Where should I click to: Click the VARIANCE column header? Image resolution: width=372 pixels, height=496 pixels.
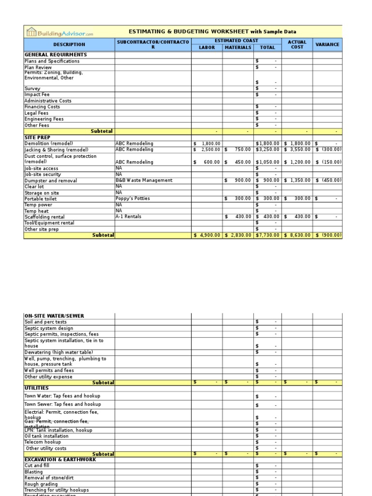[327, 45]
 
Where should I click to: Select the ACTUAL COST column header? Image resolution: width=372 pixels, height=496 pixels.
[297, 45]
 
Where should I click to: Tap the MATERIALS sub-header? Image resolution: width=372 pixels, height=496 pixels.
[238, 47]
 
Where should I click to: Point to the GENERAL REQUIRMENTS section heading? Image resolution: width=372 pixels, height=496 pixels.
[56, 55]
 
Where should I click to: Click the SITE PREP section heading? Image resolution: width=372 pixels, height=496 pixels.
[37, 138]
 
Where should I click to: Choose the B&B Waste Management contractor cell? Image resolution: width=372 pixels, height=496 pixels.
[144, 180]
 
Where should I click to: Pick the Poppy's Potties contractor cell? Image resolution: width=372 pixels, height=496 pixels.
[133, 199]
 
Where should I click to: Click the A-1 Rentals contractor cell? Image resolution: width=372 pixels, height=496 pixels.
[128, 217]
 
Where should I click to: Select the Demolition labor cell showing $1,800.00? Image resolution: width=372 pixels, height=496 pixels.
[207, 144]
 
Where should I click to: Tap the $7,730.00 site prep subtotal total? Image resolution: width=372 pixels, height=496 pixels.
[268, 235]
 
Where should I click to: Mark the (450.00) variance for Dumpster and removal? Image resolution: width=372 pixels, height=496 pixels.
[329, 180]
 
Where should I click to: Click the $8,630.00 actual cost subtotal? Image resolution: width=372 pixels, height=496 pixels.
[297, 235]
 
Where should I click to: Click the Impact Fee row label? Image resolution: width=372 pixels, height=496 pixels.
[37, 94]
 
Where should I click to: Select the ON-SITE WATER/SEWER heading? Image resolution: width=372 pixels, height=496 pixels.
[54, 316]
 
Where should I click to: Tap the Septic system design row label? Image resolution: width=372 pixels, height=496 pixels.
[48, 328]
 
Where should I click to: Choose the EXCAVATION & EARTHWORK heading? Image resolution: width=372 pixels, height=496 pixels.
[61, 459]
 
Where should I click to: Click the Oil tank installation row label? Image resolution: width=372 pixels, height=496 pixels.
[46, 436]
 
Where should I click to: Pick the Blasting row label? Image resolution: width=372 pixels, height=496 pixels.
[33, 472]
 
